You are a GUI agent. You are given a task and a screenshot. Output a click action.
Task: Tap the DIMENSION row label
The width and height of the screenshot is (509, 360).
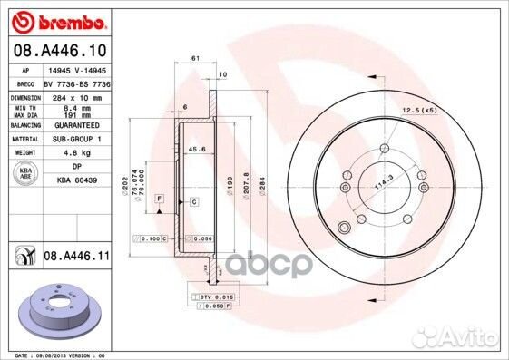pos(24,95)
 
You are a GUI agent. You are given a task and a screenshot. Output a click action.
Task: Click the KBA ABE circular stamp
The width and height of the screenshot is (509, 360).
pos(25,171)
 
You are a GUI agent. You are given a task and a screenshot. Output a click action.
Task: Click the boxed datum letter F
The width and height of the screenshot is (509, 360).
pos(160,197)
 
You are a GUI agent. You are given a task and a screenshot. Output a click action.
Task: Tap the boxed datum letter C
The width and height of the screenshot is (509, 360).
pos(192,202)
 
